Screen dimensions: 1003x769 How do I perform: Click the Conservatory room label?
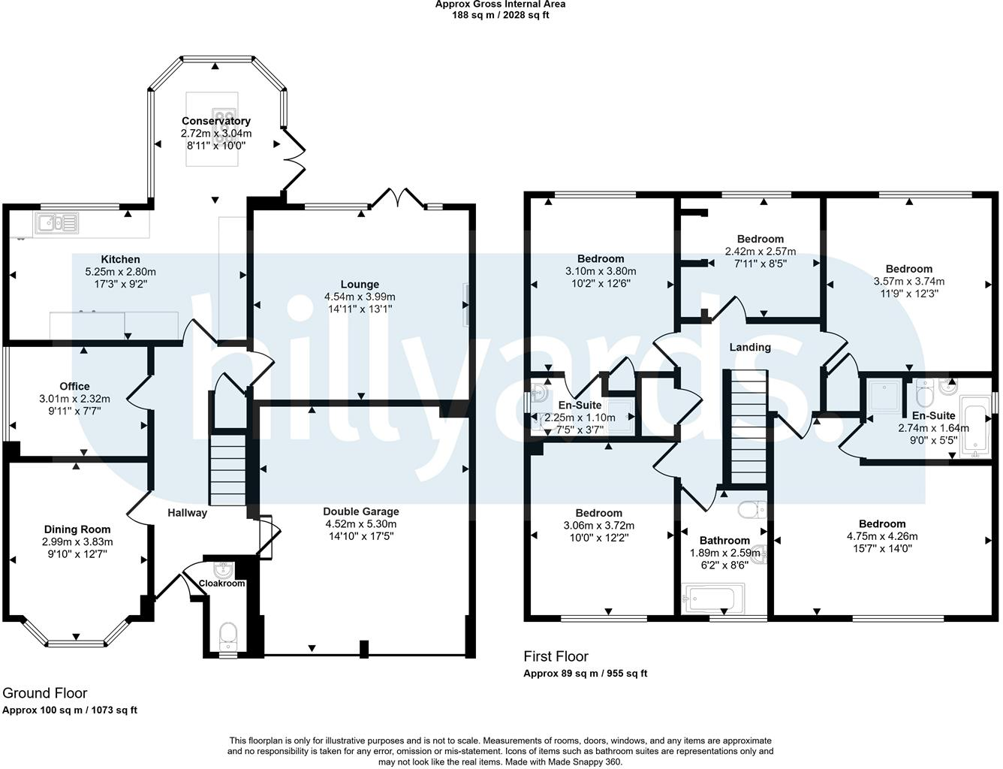[216, 121]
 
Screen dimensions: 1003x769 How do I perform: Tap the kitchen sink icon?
[56, 223]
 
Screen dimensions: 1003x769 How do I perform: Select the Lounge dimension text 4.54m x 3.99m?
[360, 297]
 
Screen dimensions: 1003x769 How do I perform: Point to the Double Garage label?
[361, 511]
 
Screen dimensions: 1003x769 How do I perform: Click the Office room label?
[75, 386]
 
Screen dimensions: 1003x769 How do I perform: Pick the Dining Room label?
[77, 529]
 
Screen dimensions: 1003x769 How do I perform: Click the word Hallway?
[188, 513]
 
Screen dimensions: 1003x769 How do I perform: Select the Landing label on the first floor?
[750, 347]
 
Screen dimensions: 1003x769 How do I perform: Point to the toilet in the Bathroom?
[752, 509]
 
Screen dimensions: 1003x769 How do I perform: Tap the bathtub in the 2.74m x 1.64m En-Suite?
[974, 426]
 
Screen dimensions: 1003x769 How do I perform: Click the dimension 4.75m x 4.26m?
[882, 536]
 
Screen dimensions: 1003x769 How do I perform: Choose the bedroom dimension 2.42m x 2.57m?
[761, 252]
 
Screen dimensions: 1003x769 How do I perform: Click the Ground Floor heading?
[45, 693]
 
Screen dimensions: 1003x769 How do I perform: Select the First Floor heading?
[556, 657]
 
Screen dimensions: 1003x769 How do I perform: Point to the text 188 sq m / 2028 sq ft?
[500, 15]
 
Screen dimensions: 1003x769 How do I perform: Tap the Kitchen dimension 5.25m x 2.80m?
[120, 272]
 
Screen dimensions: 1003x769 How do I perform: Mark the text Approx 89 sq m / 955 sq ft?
[586, 674]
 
